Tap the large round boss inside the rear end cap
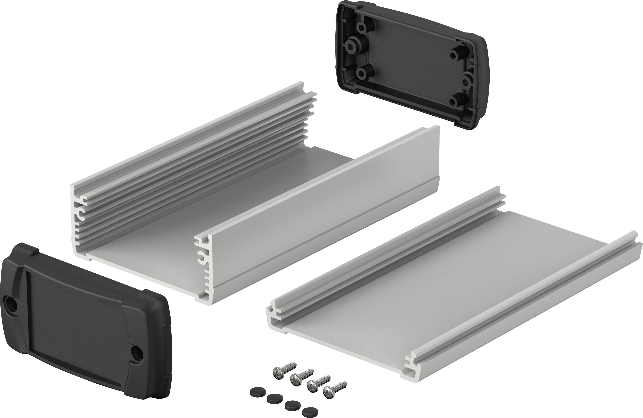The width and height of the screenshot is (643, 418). [x=352, y=46]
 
